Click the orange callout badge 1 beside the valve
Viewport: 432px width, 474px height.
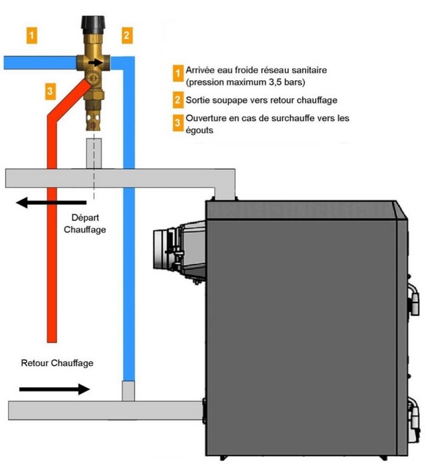[x=32, y=36]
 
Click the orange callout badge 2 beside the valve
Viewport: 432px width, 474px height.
[x=127, y=36]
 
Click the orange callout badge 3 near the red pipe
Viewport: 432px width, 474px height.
[x=50, y=91]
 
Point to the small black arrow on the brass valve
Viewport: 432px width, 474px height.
[x=95, y=63]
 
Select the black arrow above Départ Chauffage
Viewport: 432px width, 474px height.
[x=51, y=202]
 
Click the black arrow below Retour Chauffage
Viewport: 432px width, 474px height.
[x=55, y=389]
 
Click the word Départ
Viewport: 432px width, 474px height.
[x=85, y=217]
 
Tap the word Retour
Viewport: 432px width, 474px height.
[x=34, y=362]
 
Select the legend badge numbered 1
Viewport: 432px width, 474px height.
[x=178, y=73]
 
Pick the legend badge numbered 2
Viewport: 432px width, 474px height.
[x=178, y=100]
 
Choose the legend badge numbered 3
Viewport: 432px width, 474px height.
[x=178, y=123]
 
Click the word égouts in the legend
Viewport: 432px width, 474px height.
[x=199, y=131]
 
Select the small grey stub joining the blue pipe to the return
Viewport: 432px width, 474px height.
[x=128, y=391]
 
